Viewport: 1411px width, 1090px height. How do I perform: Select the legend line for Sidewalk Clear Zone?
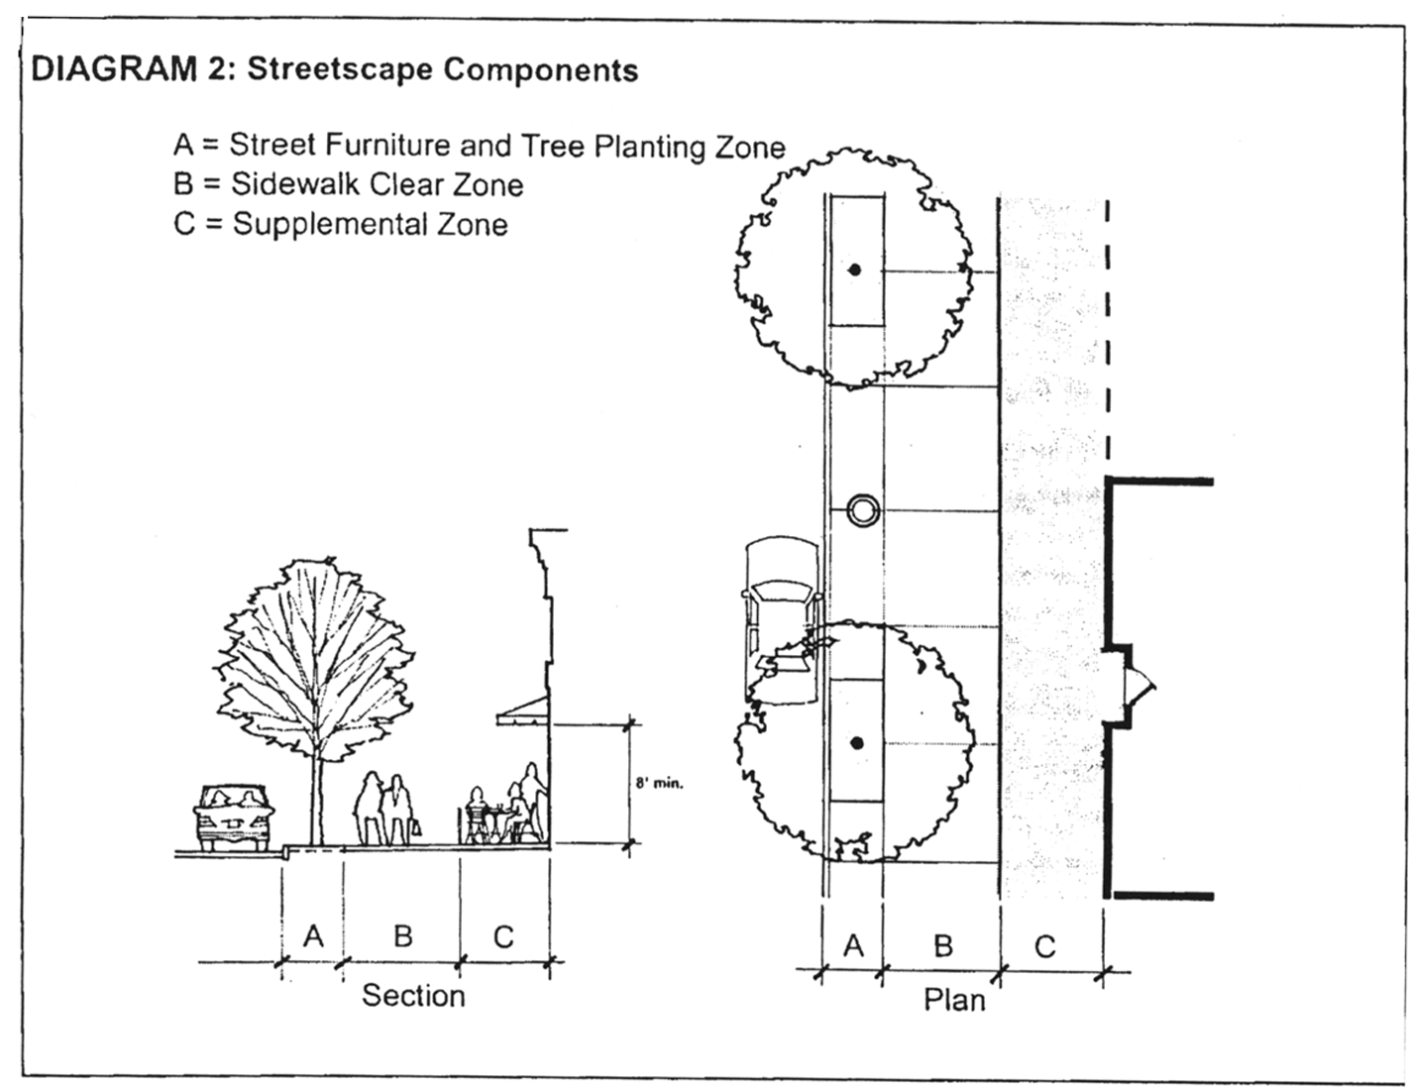click(348, 184)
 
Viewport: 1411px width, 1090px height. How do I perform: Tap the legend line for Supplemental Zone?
click(340, 224)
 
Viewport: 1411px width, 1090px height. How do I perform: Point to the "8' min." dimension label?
click(659, 783)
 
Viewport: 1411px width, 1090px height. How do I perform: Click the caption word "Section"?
click(413, 995)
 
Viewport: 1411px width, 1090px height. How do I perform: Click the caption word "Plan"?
click(954, 999)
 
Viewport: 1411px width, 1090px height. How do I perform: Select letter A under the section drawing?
click(313, 935)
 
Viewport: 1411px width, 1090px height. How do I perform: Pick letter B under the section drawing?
click(402, 935)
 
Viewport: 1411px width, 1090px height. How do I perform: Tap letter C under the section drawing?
click(503, 936)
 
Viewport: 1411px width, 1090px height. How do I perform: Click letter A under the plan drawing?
click(853, 946)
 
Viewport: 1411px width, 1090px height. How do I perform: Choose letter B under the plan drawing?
click(942, 946)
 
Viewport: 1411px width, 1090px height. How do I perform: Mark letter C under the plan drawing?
click(1044, 947)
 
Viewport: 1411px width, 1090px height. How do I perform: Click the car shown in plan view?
click(783, 619)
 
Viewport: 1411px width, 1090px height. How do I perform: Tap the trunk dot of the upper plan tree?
click(854, 270)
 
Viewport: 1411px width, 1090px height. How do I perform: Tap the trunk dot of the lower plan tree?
click(857, 743)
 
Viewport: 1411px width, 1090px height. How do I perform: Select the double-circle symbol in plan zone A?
click(863, 511)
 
